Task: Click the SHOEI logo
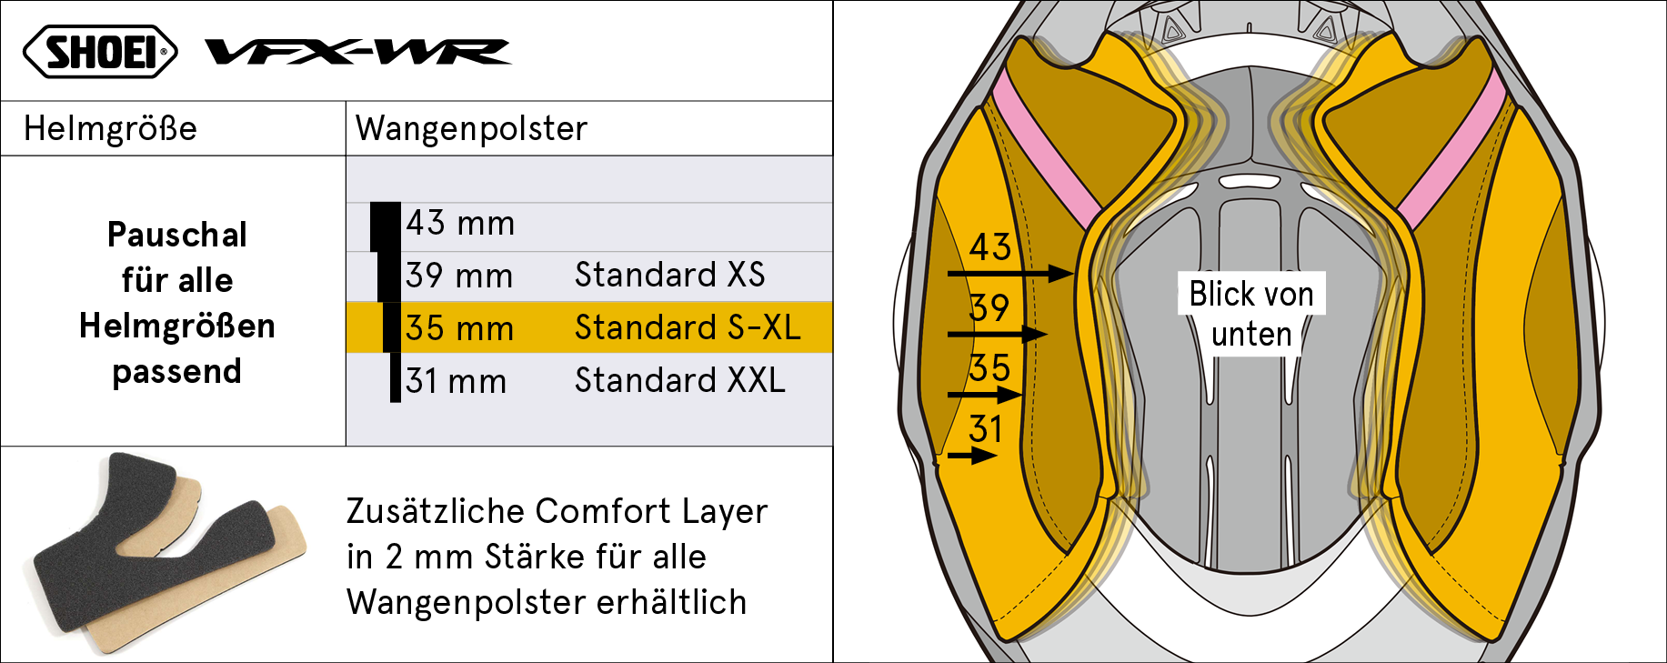[x=100, y=51]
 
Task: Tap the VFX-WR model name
[x=358, y=52]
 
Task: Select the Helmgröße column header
[x=110, y=128]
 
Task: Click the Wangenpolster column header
[x=471, y=128]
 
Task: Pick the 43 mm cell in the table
[x=460, y=223]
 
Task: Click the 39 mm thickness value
[x=459, y=276]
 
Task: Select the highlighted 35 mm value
[x=459, y=328]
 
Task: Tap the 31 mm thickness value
[x=456, y=381]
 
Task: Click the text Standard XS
[x=669, y=275]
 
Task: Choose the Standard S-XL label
[x=688, y=327]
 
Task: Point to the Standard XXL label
[x=679, y=380]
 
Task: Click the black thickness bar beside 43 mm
[x=386, y=226]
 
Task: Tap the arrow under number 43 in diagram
[x=1010, y=273]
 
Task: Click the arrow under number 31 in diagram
[x=972, y=456]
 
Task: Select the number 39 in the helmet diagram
[x=989, y=307]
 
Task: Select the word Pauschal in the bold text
[x=177, y=235]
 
